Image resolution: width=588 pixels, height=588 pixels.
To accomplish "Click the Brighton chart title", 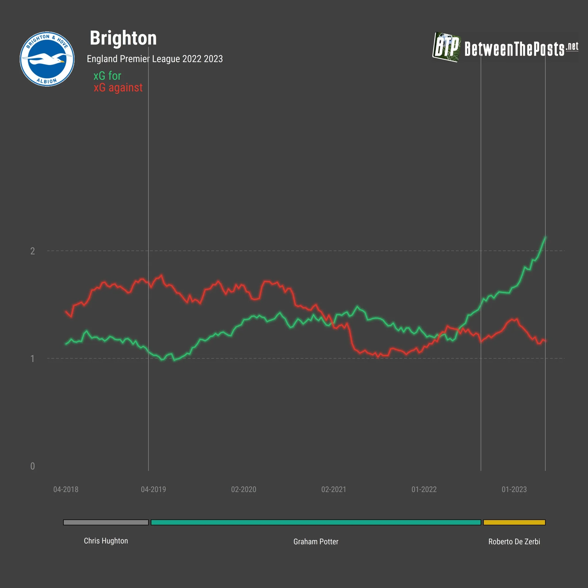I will point(123,38).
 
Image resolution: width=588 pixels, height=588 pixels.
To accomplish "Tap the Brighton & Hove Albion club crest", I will point(47,59).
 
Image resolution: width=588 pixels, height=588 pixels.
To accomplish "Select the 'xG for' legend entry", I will point(107,76).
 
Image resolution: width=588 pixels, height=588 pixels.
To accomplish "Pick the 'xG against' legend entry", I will point(118,88).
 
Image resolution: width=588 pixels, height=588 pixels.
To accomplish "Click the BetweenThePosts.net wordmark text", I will point(521,49).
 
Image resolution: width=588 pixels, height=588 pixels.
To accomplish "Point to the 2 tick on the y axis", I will point(32,251).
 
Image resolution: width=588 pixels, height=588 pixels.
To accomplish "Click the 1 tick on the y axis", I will point(32,359).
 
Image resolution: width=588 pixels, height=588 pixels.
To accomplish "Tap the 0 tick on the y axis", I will point(32,466).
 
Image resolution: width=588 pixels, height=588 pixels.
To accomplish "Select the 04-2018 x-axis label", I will point(66,490).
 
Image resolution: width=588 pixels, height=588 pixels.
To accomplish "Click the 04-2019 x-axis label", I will point(153,490).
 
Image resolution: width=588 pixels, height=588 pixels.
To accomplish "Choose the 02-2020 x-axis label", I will point(243,490).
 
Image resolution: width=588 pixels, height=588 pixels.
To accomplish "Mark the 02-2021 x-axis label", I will point(334,490).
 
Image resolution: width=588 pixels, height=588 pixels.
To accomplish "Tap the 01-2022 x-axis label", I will point(424,490).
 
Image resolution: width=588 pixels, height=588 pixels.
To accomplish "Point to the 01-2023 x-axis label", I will point(514,490).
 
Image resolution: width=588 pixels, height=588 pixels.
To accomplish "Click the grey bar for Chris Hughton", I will point(106,522).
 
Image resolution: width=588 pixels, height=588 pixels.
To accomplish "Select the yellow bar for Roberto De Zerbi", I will point(514,522).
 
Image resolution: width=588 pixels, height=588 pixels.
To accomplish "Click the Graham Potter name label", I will point(316,541).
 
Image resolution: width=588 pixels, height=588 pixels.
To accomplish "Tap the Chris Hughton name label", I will point(106,541).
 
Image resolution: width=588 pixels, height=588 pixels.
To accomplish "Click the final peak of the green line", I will point(545,237).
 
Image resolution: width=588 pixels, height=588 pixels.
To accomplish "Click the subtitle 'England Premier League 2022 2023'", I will point(155,59).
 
